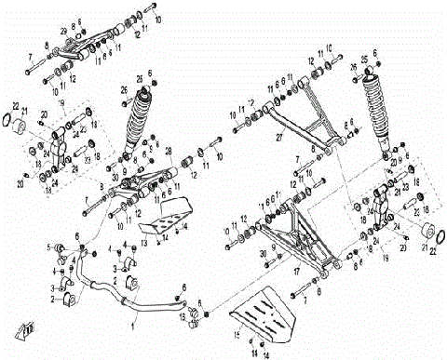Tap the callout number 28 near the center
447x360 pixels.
[168, 151]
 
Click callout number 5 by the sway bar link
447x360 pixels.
[50, 246]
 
